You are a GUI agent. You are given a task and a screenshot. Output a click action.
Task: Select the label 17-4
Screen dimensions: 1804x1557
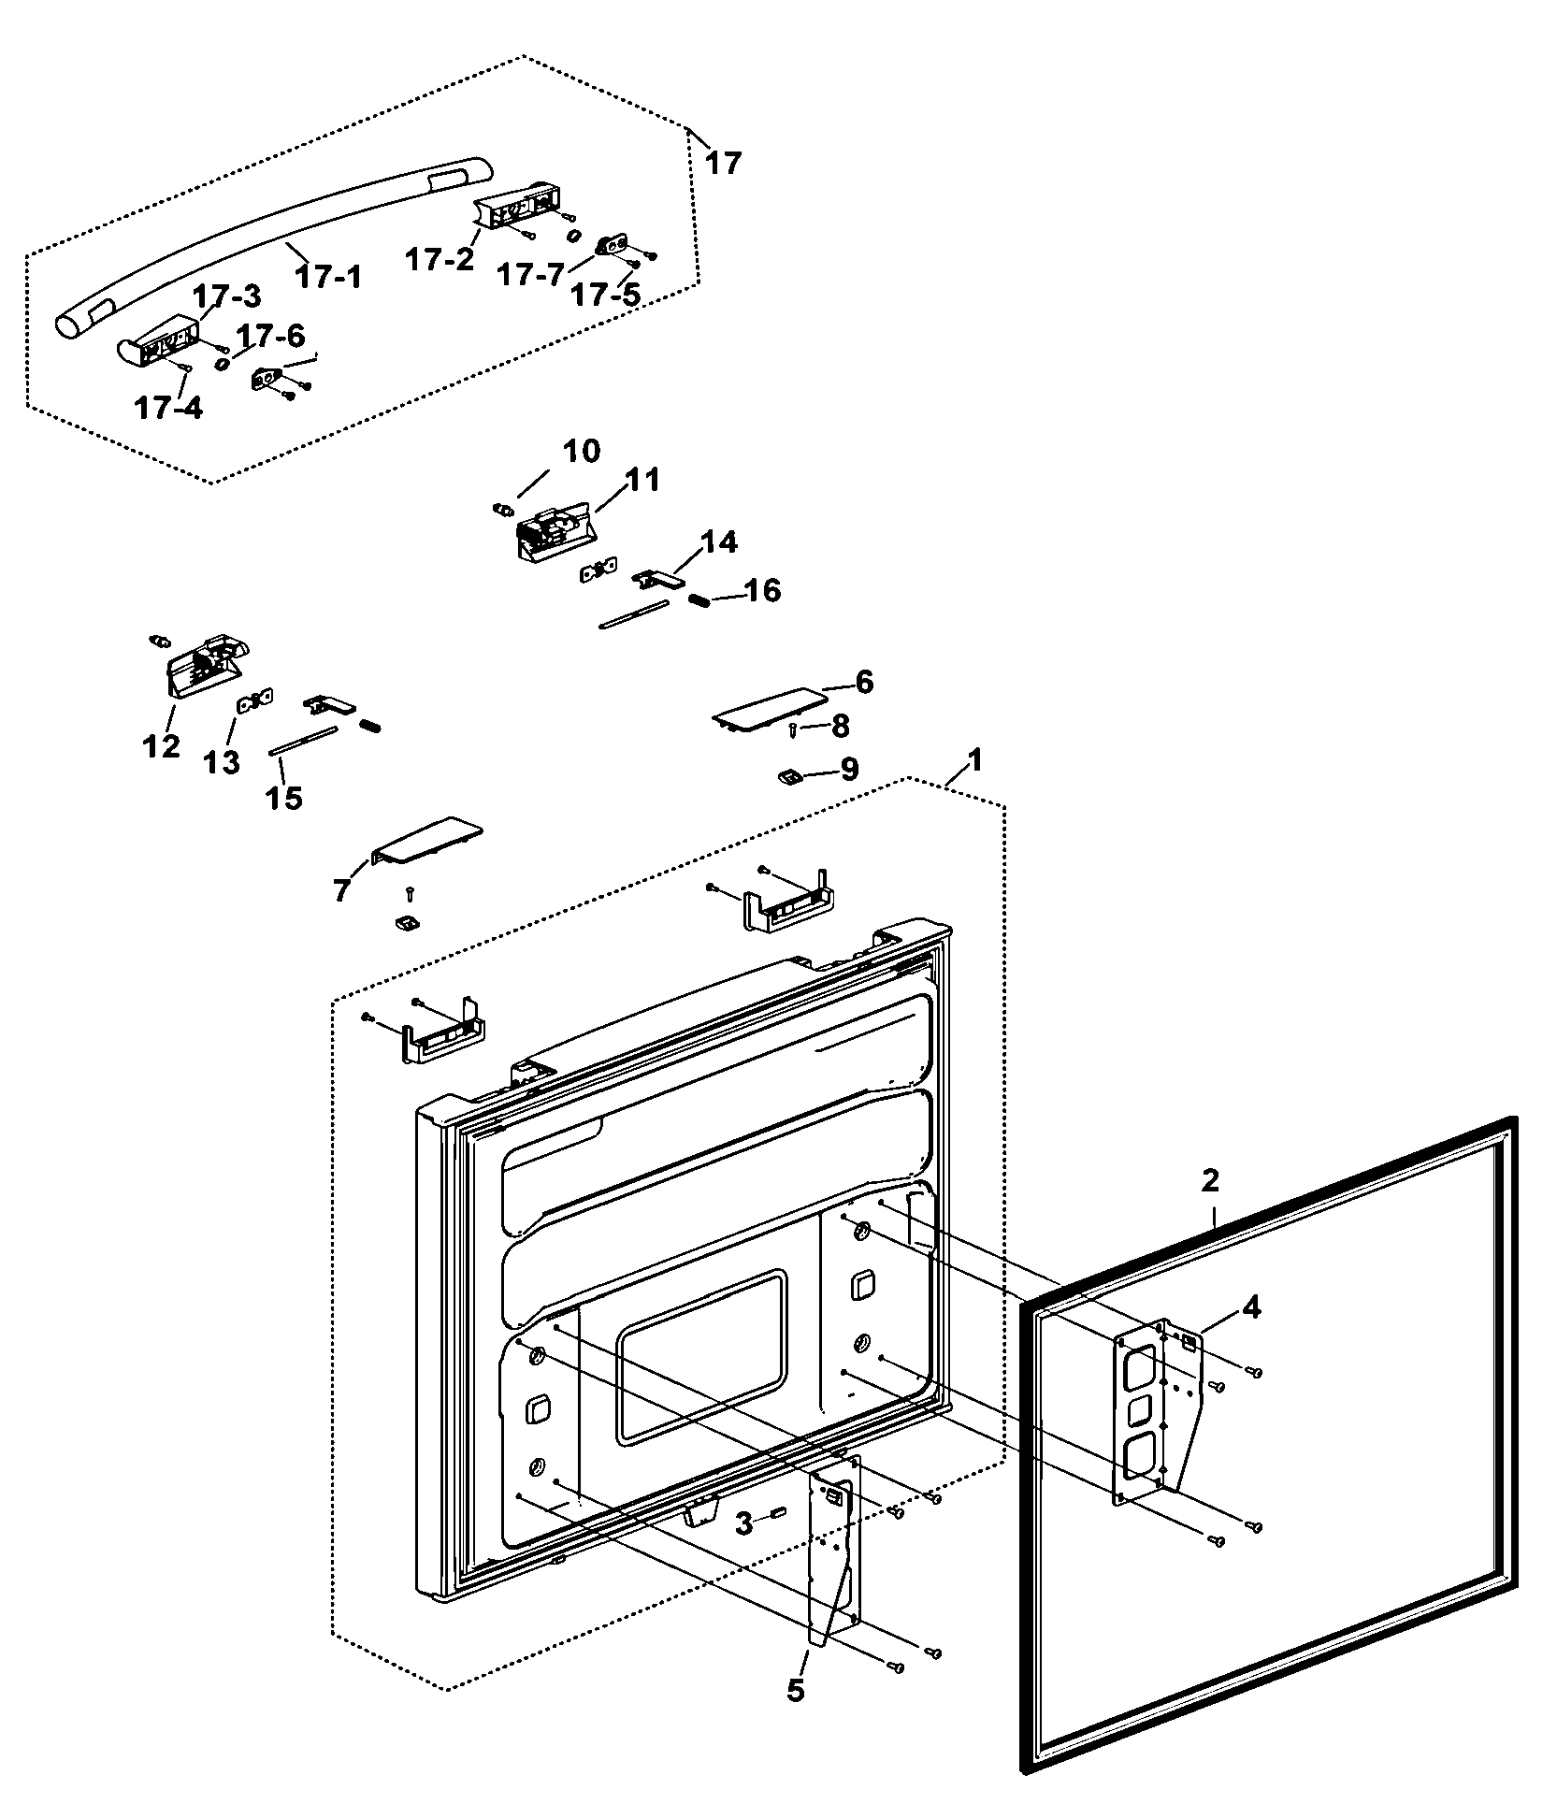[167, 408]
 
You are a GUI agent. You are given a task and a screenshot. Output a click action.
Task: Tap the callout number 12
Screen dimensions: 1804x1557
[161, 746]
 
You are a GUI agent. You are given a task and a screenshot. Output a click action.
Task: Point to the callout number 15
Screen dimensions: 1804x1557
[284, 798]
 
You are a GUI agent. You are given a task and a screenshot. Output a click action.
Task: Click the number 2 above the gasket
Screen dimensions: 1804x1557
[1210, 1180]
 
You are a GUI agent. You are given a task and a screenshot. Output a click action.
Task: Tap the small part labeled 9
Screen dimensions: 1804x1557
[788, 775]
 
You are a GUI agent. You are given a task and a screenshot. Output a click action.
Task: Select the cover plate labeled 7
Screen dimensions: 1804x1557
[428, 840]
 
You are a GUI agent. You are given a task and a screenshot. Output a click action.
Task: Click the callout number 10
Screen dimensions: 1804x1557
[581, 451]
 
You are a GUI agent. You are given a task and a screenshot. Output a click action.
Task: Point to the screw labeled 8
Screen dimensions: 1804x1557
[792, 729]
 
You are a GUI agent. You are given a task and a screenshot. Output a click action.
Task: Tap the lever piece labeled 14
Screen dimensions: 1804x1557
[658, 579]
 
